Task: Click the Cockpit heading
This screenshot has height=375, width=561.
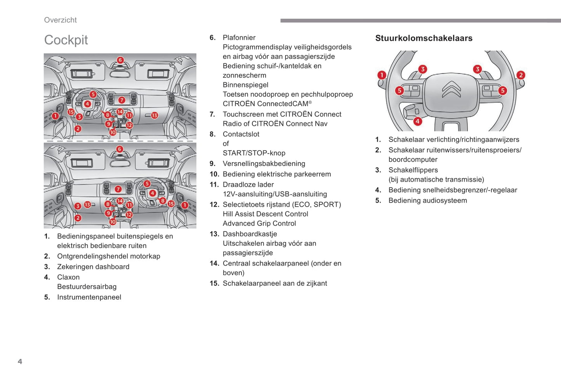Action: pos(66,40)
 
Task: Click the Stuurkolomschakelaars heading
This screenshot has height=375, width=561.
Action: pos(424,38)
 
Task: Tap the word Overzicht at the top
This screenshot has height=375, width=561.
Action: pos(60,20)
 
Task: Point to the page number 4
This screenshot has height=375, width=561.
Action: pos(20,361)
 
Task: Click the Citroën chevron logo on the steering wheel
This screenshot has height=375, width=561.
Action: pos(452,89)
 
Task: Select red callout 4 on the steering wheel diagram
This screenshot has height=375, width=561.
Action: pos(417,121)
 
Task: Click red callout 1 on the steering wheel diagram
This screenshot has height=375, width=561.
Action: pos(382,75)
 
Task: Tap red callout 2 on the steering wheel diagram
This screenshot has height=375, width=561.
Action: pos(521,75)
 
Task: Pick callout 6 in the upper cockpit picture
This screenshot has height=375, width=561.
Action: pos(120,60)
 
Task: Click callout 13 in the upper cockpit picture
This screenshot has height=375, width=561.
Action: pos(155,115)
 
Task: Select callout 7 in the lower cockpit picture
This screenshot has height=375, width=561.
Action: pos(118,189)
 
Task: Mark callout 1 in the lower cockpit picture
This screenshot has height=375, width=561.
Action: pos(185,205)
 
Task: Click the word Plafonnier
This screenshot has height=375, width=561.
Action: pos(239,38)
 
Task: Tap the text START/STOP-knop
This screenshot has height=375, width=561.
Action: pos(254,153)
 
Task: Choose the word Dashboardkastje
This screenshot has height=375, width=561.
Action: pos(250,234)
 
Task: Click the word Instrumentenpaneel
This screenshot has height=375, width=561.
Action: pos(89,297)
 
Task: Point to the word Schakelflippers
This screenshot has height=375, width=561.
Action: pos(413,170)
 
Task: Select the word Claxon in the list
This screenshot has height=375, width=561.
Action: pos(68,277)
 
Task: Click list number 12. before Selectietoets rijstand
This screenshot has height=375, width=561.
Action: pos(214,205)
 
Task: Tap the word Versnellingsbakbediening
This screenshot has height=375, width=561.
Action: pos(264,164)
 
